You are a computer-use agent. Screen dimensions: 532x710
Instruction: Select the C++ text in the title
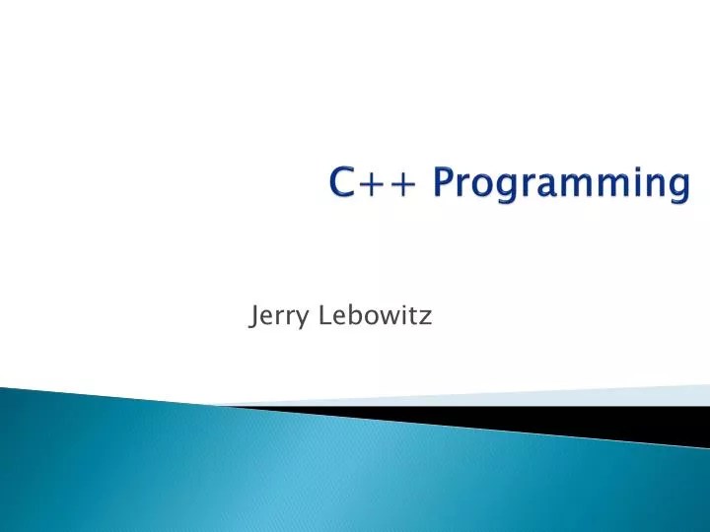pos(378,183)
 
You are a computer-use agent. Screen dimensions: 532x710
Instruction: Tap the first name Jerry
pos(277,317)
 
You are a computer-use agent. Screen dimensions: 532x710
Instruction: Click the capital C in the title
pos(345,183)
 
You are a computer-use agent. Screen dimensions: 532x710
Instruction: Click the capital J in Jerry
pos(255,317)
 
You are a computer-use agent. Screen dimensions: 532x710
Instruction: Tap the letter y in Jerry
pos(299,320)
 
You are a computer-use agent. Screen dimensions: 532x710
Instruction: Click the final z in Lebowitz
pos(427,318)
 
